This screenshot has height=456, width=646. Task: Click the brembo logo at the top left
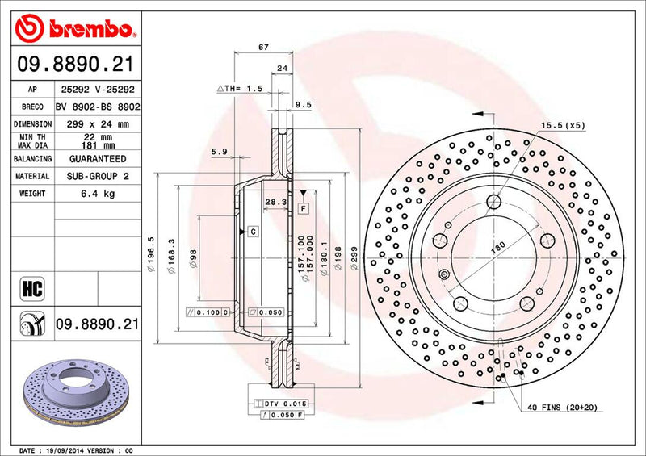[x=73, y=29]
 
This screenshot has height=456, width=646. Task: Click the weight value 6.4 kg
[x=97, y=194]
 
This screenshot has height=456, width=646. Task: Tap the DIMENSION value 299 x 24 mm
[x=97, y=124]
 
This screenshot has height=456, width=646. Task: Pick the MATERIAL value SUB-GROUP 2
[x=97, y=176]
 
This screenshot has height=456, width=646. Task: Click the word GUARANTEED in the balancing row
[x=97, y=159]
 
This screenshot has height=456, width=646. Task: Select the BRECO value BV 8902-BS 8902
[x=98, y=107]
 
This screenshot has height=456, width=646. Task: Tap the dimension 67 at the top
[x=263, y=48]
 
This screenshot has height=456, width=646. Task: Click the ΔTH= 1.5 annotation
[x=240, y=89]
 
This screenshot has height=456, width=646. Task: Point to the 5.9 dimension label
[x=218, y=152]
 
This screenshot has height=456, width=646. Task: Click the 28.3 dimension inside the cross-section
[x=275, y=202]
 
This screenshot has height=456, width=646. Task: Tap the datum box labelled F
[x=304, y=208]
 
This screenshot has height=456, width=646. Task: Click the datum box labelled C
[x=253, y=232]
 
